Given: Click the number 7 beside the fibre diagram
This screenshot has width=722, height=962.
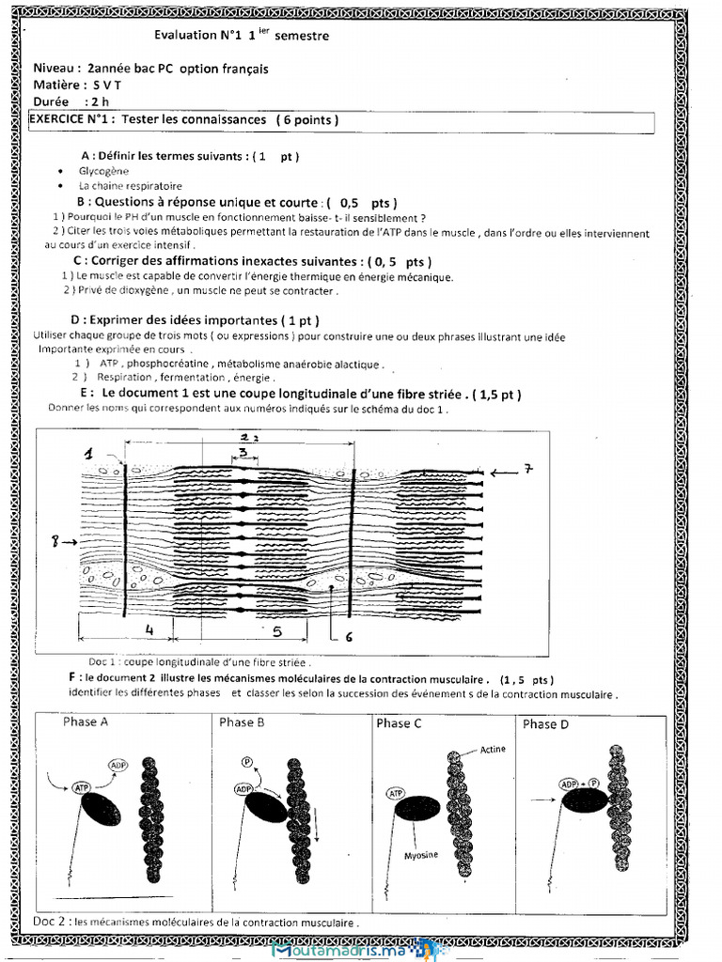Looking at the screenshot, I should pos(528,468).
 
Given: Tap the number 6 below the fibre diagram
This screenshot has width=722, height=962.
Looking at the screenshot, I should pos(349,636).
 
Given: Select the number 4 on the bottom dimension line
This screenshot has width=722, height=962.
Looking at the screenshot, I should pos(149,629).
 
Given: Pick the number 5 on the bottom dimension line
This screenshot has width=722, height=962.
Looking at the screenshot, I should pos(276,631).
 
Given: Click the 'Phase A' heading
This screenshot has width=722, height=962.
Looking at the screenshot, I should pos(85,722).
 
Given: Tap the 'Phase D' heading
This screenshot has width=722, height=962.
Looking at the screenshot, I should pos(545,723).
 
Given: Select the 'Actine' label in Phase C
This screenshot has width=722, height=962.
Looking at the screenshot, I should pos(493,750).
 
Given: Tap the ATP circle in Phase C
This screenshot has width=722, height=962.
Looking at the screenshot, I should pos(396,795).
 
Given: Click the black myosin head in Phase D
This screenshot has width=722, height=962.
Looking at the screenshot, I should pos(584,800).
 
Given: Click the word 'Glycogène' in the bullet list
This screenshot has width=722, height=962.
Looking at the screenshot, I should pos(103,172).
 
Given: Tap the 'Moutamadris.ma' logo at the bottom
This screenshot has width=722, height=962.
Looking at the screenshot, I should pos(354,949).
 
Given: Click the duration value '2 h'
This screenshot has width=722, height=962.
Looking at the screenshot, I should pos(98,101).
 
